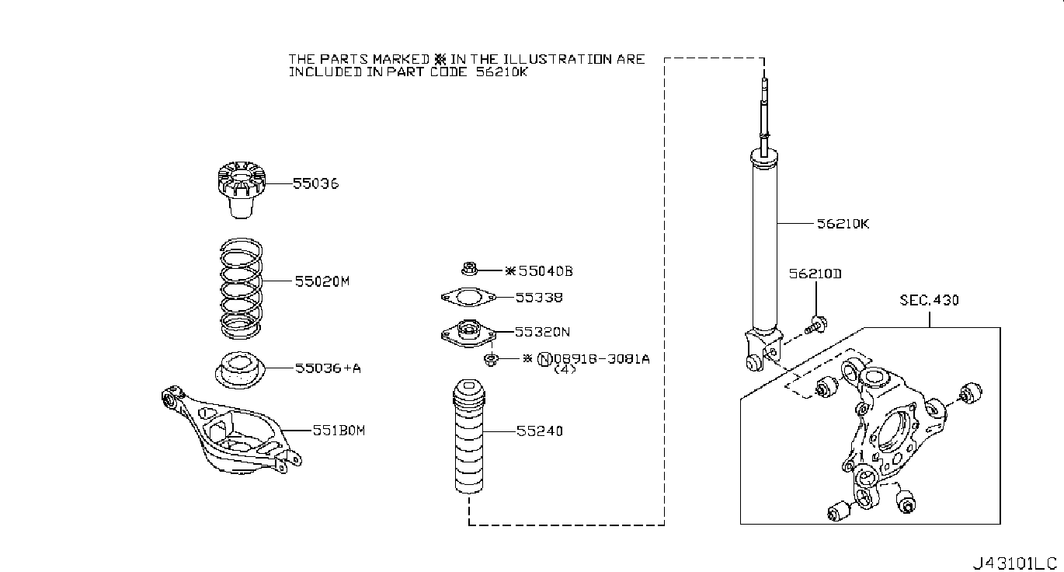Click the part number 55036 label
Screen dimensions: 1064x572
[315, 183]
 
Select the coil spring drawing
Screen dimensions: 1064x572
[241, 288]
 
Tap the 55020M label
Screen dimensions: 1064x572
[322, 281]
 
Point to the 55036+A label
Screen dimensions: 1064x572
[328, 368]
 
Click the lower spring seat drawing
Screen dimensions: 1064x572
[240, 371]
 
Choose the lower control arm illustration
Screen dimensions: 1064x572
[231, 431]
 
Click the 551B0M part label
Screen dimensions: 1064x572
[339, 431]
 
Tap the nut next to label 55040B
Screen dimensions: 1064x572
[469, 269]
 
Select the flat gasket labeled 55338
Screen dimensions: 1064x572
[468, 298]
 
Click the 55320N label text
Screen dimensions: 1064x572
[542, 332]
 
